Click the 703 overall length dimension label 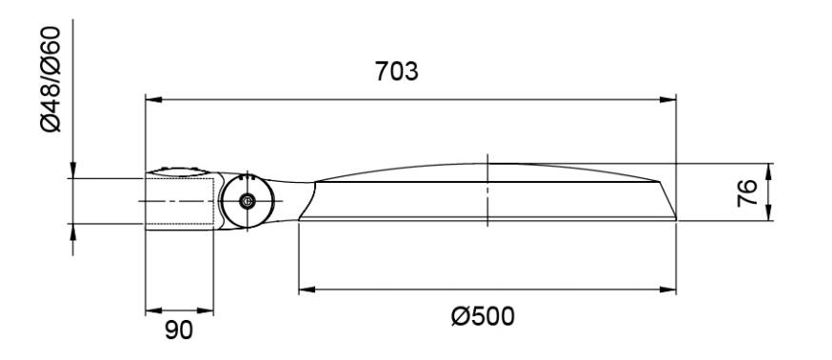click(396, 71)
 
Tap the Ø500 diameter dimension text click(483, 317)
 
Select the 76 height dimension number click(747, 192)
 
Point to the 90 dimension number click(179, 330)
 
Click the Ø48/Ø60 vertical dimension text click(51, 79)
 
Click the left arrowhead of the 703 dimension click(154, 99)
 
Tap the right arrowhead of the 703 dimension click(667, 99)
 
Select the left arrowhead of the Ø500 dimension click(307, 290)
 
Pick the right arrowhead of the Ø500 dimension click(667, 290)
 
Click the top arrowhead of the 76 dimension click(768, 171)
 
